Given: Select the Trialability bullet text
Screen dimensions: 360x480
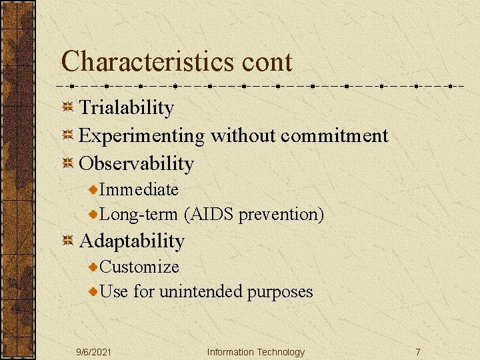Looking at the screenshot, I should coord(127,108).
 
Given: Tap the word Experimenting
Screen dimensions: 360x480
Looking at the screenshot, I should coord(142,136).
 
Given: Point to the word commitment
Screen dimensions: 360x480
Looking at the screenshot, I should coord(334,136).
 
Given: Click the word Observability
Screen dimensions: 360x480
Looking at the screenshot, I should coord(137,163).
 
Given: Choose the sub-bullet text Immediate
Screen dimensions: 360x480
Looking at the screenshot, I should coord(139,189).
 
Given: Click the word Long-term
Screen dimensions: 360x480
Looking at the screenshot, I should coord(139,215).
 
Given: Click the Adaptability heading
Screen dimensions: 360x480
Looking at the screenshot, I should coord(132,241).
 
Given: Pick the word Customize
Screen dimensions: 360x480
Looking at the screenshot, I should coord(139,267).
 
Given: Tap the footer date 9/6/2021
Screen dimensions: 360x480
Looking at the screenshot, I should coord(93,352).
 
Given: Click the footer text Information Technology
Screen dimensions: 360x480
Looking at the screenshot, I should coord(255,352).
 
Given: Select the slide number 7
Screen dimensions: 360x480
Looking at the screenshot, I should coord(417,352).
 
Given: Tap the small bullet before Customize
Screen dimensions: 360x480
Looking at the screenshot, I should coord(94,267).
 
